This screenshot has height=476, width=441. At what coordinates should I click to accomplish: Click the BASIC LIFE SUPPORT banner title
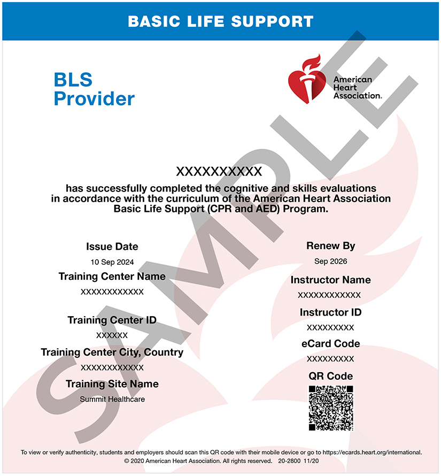[220, 21]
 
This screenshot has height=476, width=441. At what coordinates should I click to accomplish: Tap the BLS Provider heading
[94, 89]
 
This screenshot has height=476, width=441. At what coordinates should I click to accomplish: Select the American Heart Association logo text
[357, 87]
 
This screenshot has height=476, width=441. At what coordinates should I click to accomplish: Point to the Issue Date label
[112, 247]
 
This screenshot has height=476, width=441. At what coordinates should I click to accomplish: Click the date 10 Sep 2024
[112, 262]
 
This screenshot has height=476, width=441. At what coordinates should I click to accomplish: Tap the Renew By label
[331, 246]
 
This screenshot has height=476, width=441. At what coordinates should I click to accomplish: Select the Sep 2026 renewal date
[331, 262]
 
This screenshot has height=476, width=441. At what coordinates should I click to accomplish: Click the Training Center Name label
[112, 277]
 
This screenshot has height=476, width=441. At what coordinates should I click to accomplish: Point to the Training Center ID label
[112, 320]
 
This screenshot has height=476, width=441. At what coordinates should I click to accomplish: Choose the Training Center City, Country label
[112, 352]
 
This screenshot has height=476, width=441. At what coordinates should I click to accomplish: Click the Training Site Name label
[112, 384]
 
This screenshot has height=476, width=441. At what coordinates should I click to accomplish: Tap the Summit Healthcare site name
[112, 399]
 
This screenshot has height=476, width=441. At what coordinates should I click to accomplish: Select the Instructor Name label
[330, 280]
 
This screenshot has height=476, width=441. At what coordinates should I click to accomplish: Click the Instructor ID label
[330, 312]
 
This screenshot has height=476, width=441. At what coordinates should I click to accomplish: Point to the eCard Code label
[330, 343]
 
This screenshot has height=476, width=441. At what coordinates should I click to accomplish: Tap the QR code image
[331, 408]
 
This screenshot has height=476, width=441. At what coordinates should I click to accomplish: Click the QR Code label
[330, 376]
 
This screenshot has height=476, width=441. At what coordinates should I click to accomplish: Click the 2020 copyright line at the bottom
[220, 460]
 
